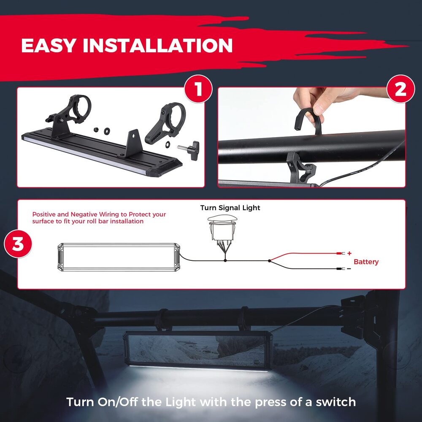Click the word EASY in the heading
pyautogui.click(x=48, y=45)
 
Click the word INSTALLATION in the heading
pyautogui.click(x=158, y=45)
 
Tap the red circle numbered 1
pyautogui.click(x=199, y=89)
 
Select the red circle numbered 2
pyautogui.click(x=400, y=89)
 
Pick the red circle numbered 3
pyautogui.click(x=18, y=244)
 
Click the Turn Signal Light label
pyautogui.click(x=230, y=208)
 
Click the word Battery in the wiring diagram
pyautogui.click(x=366, y=262)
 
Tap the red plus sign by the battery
pyautogui.click(x=349, y=253)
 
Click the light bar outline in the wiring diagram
pyautogui.click(x=119, y=257)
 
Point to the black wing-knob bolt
pyautogui.click(x=189, y=149)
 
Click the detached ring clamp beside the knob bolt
pyautogui.click(x=165, y=123)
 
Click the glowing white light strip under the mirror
pyautogui.click(x=199, y=368)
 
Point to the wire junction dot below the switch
pyautogui.click(x=225, y=260)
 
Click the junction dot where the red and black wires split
pyautogui.click(x=269, y=260)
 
